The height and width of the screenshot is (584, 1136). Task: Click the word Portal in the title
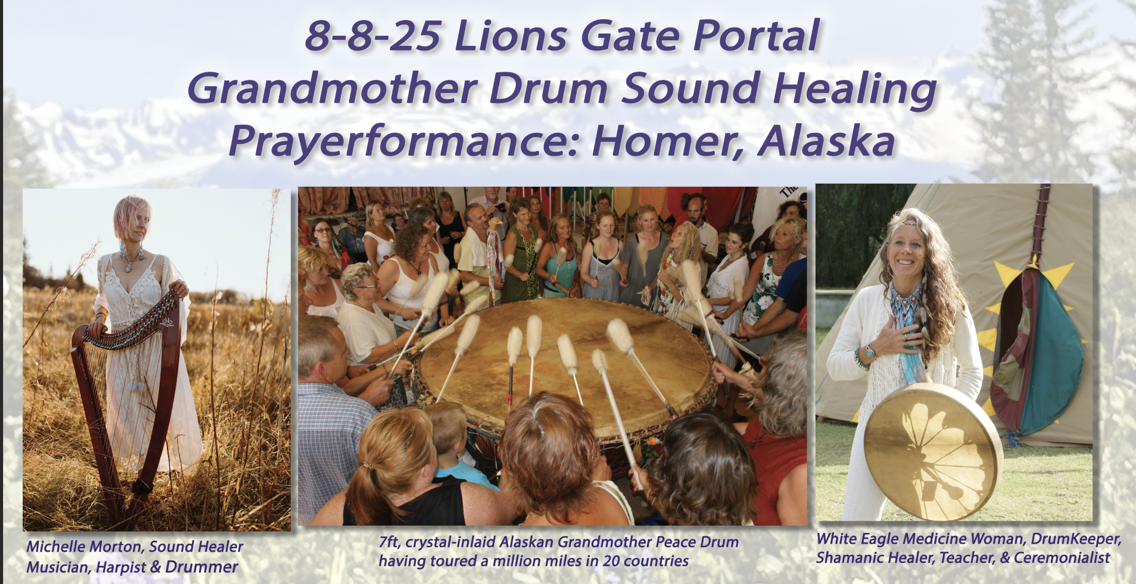tap(756, 36)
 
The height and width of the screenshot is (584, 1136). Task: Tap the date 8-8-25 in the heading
tap(373, 36)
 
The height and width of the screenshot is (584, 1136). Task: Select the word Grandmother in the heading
tap(333, 88)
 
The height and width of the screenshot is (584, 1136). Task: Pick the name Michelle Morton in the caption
tap(86, 546)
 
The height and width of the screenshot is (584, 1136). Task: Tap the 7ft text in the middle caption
tap(390, 542)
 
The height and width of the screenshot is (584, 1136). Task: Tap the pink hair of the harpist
tap(131, 214)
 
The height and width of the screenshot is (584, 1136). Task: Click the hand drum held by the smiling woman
tap(932, 452)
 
